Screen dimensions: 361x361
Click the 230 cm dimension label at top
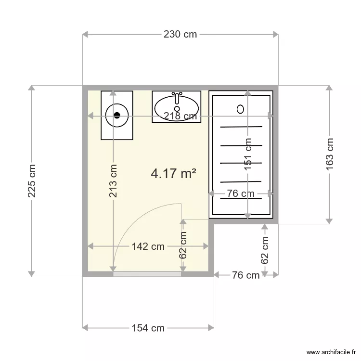pos(180,34)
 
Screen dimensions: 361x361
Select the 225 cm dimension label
pos(32,181)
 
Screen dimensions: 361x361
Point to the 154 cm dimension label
pos(148,328)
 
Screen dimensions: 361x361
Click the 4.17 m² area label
pos(173,173)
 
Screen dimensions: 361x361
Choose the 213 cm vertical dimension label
pos(113,181)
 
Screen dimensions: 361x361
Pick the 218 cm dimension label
pos(180,116)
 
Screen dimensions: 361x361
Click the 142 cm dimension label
pos(148,246)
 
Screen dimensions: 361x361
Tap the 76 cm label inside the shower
pos(241,194)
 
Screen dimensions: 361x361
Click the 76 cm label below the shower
pos(245,275)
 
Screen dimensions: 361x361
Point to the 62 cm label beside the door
pos(183,245)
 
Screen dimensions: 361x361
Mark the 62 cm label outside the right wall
pos(265,249)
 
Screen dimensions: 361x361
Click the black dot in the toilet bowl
pos(117,115)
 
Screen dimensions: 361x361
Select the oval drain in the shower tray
pos(241,109)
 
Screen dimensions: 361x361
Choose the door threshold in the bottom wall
pos(147,274)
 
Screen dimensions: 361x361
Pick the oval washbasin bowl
pos(177,107)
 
